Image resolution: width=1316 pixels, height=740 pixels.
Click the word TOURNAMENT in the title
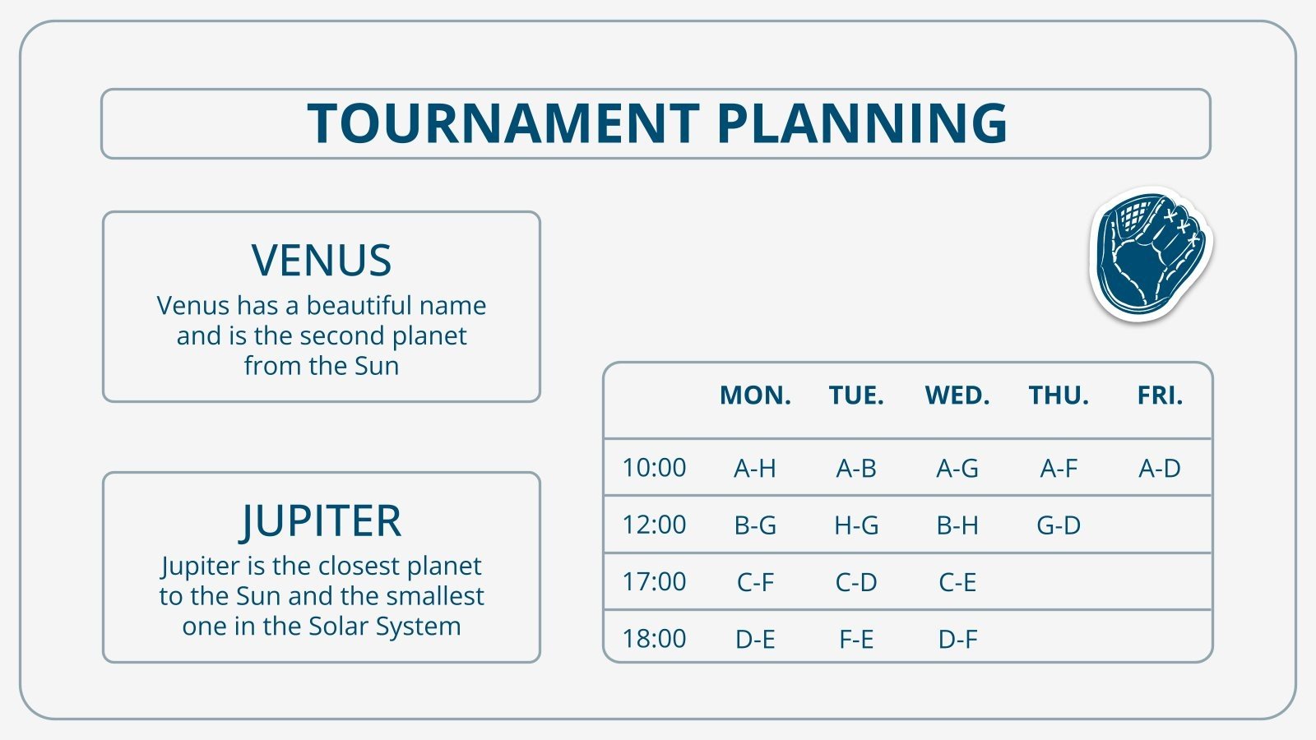pos(503,124)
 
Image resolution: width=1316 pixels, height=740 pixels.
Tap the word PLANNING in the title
pos(861,124)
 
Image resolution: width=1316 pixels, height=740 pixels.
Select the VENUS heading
pos(322,261)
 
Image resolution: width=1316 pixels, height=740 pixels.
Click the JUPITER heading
pos(322,521)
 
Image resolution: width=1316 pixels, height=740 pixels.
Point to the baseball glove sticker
pos(1150,252)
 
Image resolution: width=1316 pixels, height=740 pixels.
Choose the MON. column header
pos(755,396)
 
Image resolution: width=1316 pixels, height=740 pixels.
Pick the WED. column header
pos(957,396)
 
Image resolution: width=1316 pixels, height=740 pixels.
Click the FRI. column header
pos(1160,396)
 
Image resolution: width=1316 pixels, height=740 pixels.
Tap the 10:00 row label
pos(654,468)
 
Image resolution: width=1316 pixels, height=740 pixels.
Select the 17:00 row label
pos(654,582)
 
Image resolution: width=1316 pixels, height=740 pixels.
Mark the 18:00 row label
pos(654,639)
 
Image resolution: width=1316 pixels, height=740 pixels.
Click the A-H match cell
pos(755,469)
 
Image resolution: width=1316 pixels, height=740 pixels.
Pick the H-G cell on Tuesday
pos(856,525)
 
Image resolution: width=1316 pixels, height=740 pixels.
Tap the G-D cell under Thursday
pos(1059,525)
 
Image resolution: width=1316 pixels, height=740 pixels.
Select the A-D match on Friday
pos(1160,469)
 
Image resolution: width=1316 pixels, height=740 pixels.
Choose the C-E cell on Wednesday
pos(957,582)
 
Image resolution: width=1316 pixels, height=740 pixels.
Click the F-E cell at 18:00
pos(856,639)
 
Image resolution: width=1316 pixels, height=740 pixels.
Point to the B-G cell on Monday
pos(755,525)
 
